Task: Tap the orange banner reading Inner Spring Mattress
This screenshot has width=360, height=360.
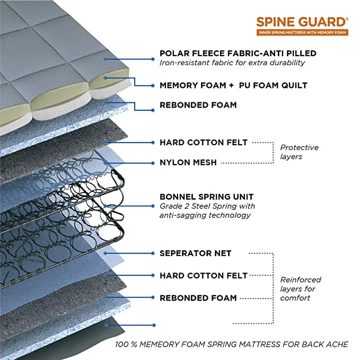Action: click(x=302, y=32)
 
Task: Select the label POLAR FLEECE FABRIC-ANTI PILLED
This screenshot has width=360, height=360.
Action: click(x=238, y=53)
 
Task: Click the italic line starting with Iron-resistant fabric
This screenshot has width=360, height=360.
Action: click(x=232, y=63)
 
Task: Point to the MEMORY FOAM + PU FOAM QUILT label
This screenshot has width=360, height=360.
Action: click(x=233, y=85)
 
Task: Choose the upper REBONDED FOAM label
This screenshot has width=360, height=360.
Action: click(x=198, y=105)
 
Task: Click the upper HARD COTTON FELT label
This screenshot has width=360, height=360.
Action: click(x=204, y=142)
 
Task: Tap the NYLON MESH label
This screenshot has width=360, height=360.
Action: click(x=188, y=163)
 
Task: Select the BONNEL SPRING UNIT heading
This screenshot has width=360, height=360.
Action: click(x=206, y=197)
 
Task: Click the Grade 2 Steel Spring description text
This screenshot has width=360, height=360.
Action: click(x=207, y=211)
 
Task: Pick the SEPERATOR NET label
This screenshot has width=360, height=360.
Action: click(x=196, y=253)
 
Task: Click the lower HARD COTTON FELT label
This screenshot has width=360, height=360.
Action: click(x=204, y=276)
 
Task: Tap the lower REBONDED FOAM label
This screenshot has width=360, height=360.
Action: click(x=198, y=298)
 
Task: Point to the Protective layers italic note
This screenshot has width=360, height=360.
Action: click(x=300, y=152)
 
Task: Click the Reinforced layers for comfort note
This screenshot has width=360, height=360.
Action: click(x=301, y=289)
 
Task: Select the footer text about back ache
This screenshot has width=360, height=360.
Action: click(x=232, y=345)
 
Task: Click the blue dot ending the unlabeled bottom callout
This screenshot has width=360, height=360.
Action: click(x=154, y=325)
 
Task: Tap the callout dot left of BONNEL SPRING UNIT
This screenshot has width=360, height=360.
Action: click(x=153, y=206)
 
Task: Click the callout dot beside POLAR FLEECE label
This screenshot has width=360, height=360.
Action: click(x=153, y=59)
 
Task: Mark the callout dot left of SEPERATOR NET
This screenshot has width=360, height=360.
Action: click(x=153, y=253)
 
